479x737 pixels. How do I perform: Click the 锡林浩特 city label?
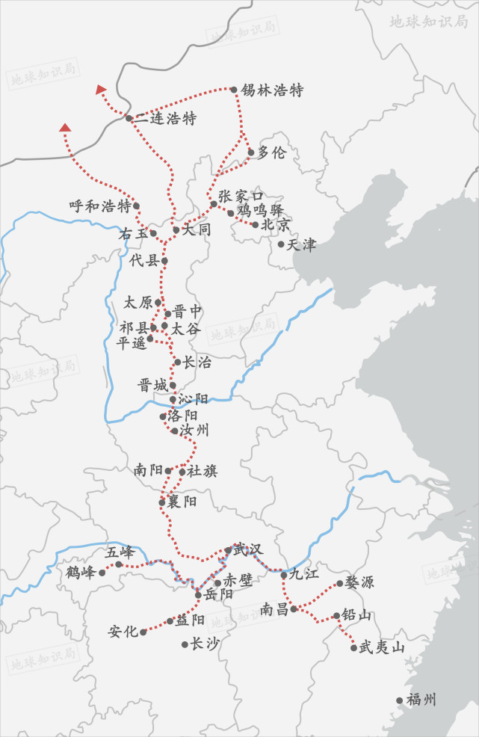(272, 90)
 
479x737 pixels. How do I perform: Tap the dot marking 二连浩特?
(129, 118)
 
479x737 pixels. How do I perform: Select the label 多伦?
(271, 152)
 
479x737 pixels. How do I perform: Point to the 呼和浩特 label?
(99, 206)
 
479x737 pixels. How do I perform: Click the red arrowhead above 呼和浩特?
(65, 128)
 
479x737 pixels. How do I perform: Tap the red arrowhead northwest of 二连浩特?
(101, 90)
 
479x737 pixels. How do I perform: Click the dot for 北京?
(256, 224)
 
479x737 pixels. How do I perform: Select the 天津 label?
(301, 244)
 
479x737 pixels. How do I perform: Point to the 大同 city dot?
(176, 229)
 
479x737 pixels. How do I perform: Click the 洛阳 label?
(183, 415)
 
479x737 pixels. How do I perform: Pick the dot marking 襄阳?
(162, 502)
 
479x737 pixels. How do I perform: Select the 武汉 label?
(248, 549)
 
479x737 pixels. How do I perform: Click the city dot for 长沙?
(185, 644)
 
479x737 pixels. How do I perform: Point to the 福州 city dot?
(400, 700)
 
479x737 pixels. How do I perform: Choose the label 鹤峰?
(81, 573)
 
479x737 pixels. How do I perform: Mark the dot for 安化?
(143, 632)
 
